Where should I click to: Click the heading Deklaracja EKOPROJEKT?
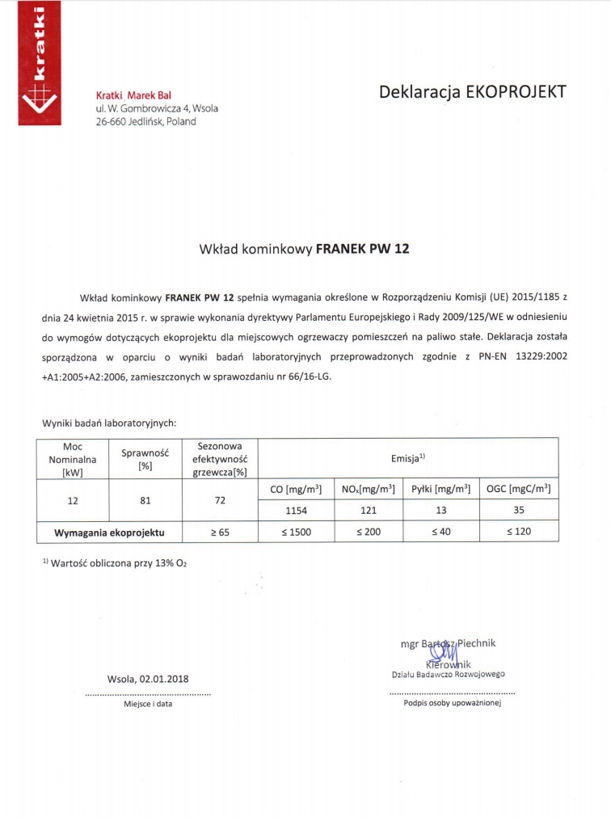pyautogui.click(x=473, y=91)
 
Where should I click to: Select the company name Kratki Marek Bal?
pyautogui.click(x=133, y=95)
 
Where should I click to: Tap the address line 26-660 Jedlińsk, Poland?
pyautogui.click(x=145, y=122)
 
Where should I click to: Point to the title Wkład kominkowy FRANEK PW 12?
pyautogui.click(x=304, y=249)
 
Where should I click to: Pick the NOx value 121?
pyautogui.click(x=368, y=511)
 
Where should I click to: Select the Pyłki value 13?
pyautogui.click(x=440, y=511)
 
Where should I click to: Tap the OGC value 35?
pyautogui.click(x=518, y=511)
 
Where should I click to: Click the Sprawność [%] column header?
pyautogui.click(x=145, y=459)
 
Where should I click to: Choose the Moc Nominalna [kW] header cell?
pyautogui.click(x=73, y=459)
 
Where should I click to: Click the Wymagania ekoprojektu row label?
pyautogui.click(x=109, y=533)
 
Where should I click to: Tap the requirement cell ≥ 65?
pyautogui.click(x=219, y=533)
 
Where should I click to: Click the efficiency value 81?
pyautogui.click(x=145, y=501)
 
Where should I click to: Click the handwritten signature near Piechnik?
pyautogui.click(x=447, y=653)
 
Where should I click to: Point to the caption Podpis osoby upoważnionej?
pyautogui.click(x=453, y=703)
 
